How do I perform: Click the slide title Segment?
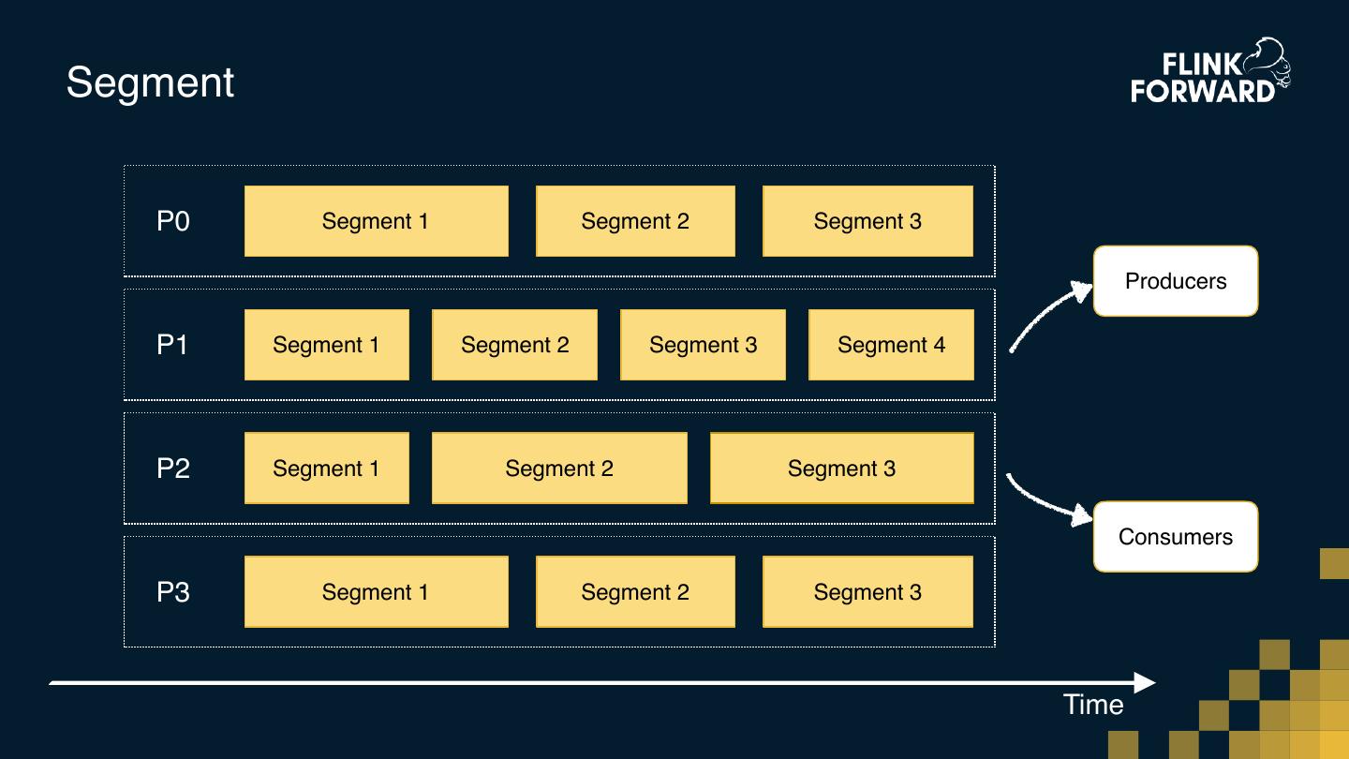(x=150, y=82)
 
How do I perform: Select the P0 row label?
(x=173, y=221)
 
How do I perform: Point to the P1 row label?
(x=173, y=345)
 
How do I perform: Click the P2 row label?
(x=173, y=469)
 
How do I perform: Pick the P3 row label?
(x=173, y=592)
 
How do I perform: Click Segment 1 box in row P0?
(x=376, y=221)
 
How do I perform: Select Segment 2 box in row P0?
(x=635, y=221)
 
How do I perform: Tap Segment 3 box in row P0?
(x=867, y=221)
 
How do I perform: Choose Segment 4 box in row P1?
(x=891, y=345)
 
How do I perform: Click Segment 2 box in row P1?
(x=514, y=345)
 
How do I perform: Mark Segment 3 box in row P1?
(x=703, y=345)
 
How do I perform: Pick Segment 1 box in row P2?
(x=326, y=469)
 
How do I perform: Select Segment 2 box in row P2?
(x=559, y=469)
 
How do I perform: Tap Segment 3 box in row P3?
(x=867, y=592)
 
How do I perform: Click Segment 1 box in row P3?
(x=376, y=592)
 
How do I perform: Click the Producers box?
(x=1176, y=281)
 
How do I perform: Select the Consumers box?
(x=1176, y=537)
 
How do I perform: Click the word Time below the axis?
(x=1093, y=705)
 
